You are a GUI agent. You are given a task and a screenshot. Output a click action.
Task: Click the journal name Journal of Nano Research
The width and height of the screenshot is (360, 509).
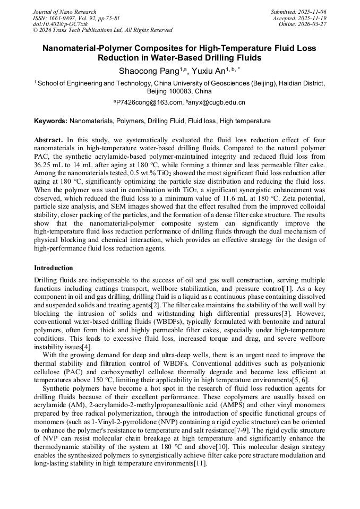65,12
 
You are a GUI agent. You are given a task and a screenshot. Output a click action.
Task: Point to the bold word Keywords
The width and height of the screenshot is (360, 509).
50,121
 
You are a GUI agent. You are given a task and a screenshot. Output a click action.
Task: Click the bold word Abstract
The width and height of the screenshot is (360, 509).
48,139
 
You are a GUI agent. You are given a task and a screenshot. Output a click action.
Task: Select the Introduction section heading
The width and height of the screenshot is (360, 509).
54,268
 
